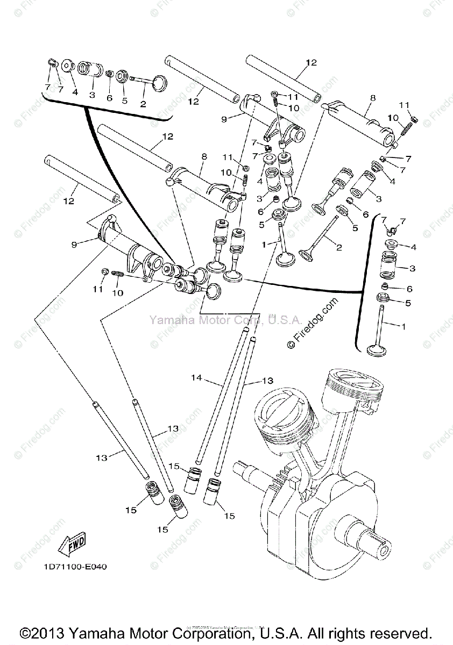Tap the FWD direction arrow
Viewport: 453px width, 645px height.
(x=73, y=544)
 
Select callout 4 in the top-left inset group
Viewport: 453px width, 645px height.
(x=75, y=92)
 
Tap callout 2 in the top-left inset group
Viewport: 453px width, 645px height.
(x=143, y=104)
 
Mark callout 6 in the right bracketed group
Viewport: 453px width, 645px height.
(x=409, y=289)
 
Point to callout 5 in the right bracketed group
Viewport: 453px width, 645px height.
(x=408, y=303)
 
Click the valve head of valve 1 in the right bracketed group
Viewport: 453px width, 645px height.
(x=377, y=351)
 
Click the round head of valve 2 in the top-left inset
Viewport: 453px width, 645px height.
(x=159, y=82)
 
